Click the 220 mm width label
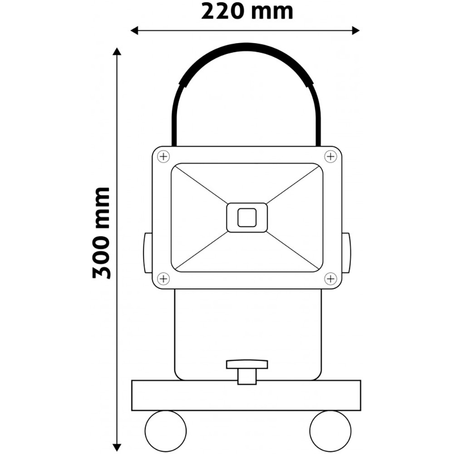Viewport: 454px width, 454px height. (247, 11)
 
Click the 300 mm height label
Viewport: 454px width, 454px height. (102, 233)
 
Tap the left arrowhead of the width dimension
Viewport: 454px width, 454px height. (134, 30)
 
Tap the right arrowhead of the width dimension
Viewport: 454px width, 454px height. (356, 30)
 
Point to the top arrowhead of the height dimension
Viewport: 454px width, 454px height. (118, 51)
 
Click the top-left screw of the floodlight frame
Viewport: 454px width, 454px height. (163, 157)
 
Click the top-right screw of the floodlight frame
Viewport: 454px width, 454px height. (331, 157)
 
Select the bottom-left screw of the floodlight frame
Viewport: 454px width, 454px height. (163, 278)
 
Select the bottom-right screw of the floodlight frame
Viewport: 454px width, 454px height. (331, 278)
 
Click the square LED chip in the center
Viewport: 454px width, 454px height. (247, 217)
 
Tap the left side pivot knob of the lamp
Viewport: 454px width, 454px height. (148, 253)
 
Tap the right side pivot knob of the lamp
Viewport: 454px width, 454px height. (346, 253)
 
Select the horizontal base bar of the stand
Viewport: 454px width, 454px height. (247, 395)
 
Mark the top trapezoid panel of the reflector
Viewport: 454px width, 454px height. (247, 182)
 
